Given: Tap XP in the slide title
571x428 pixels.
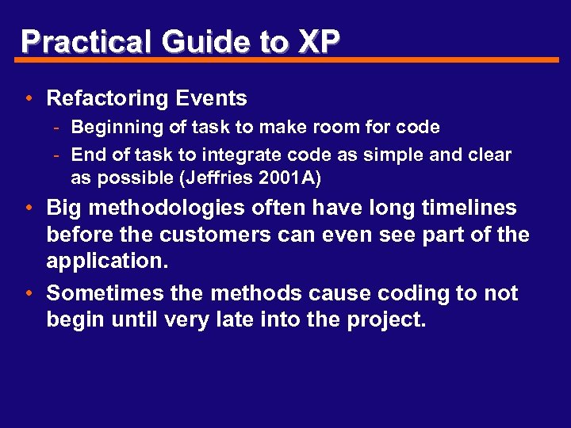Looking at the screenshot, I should click(318, 41).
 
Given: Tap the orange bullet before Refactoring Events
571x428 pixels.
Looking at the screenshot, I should click(28, 99).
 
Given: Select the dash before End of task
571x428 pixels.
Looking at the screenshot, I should click(59, 155).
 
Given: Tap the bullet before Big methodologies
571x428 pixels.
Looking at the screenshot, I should click(28, 208).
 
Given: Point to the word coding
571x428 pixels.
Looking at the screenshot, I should click(404, 293).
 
